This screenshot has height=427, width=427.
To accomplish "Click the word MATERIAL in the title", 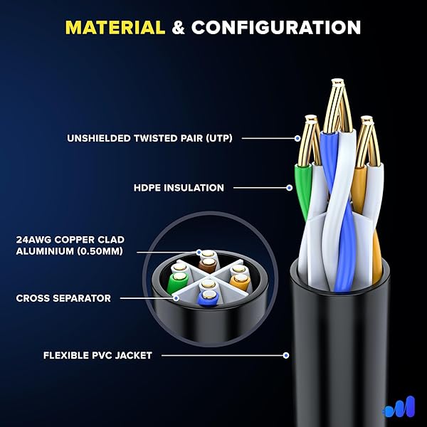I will click(115, 28).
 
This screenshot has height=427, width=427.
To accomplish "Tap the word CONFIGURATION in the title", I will click(276, 28).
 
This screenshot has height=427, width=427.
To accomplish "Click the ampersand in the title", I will click(179, 28).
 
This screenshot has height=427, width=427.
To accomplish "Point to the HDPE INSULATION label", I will click(179, 188).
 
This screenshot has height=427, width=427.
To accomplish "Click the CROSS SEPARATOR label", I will click(63, 298).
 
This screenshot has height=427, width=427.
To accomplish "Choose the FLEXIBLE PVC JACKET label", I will click(97, 354).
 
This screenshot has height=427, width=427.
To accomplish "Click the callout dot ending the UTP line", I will click(297, 138).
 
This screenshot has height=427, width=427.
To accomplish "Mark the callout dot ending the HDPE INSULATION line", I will click(289, 188).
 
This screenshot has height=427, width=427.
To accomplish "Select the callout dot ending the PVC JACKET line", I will click(285, 354).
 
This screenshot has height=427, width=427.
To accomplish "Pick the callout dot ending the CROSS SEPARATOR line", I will click(176, 298).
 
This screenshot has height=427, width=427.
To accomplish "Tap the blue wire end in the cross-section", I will click(207, 298).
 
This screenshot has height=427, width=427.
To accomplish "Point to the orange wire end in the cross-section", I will click(239, 279).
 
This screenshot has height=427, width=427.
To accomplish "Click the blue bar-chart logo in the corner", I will click(399, 408).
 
